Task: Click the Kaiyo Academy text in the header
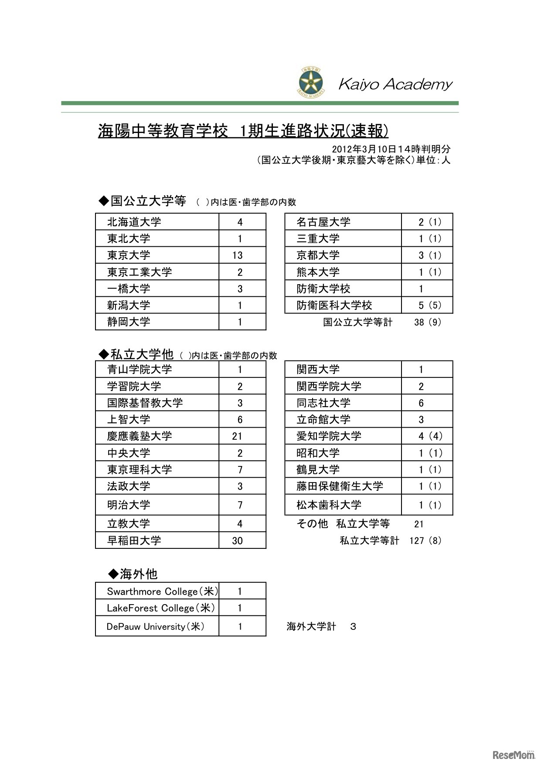click(x=395, y=84)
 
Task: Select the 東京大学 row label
click(x=129, y=255)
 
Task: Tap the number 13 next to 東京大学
click(x=238, y=255)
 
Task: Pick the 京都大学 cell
click(x=318, y=255)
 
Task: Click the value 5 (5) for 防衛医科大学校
click(x=429, y=305)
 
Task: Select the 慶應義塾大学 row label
click(x=140, y=436)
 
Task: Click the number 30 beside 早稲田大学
click(x=238, y=541)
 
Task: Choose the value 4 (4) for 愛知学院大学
click(x=430, y=436)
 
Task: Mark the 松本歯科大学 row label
click(x=329, y=505)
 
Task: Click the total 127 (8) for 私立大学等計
click(x=425, y=541)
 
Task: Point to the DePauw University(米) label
click(x=156, y=627)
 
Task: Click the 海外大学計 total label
click(x=311, y=627)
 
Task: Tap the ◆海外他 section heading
click(x=133, y=574)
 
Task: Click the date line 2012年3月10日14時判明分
click(x=391, y=149)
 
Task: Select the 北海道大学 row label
click(x=134, y=222)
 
